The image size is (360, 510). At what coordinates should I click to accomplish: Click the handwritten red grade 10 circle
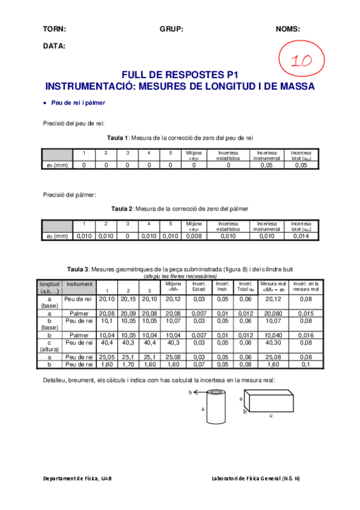(x=302, y=60)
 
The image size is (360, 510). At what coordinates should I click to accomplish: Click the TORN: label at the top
(x=54, y=29)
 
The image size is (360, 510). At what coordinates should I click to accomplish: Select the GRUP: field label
(x=171, y=29)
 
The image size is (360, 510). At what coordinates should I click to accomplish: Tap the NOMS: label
(x=288, y=29)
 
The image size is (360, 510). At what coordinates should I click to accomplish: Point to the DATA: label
(x=54, y=46)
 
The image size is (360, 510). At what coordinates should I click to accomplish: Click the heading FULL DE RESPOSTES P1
(x=180, y=75)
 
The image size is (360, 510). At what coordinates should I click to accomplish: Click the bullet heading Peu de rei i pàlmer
(x=78, y=103)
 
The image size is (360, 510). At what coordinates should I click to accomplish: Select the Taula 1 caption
(x=180, y=138)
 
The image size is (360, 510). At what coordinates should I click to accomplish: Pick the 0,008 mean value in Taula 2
(x=194, y=236)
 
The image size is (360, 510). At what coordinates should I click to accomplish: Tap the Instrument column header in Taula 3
(x=79, y=283)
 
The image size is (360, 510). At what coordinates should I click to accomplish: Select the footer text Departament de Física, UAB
(x=77, y=478)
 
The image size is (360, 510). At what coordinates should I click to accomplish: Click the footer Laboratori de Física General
(x=256, y=478)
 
